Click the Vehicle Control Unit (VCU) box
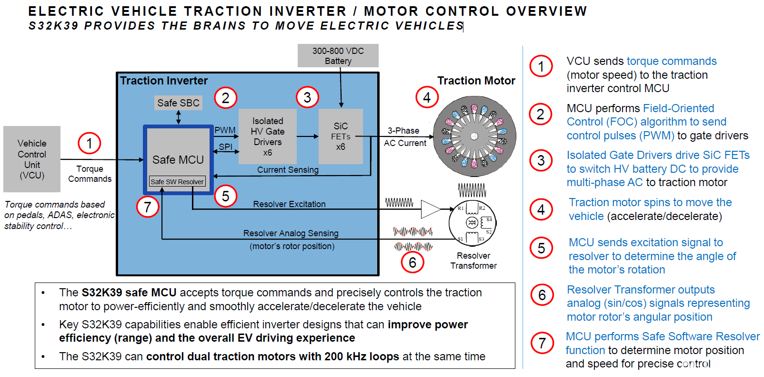(x=32, y=159)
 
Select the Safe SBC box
(x=178, y=103)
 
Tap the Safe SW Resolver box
(x=177, y=181)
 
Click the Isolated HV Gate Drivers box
(x=268, y=136)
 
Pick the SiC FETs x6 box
(x=341, y=136)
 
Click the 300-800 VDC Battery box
(x=338, y=55)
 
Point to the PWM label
(x=225, y=130)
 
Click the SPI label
(x=225, y=147)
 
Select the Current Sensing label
(x=288, y=170)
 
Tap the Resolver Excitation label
(x=289, y=204)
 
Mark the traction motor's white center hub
(x=474, y=136)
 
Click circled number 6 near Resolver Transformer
(x=412, y=262)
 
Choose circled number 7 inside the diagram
(x=147, y=207)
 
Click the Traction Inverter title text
(x=164, y=81)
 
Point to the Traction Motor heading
(x=476, y=81)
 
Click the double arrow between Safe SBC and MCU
(x=179, y=117)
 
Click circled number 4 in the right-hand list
(x=541, y=209)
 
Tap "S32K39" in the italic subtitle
(x=53, y=26)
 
